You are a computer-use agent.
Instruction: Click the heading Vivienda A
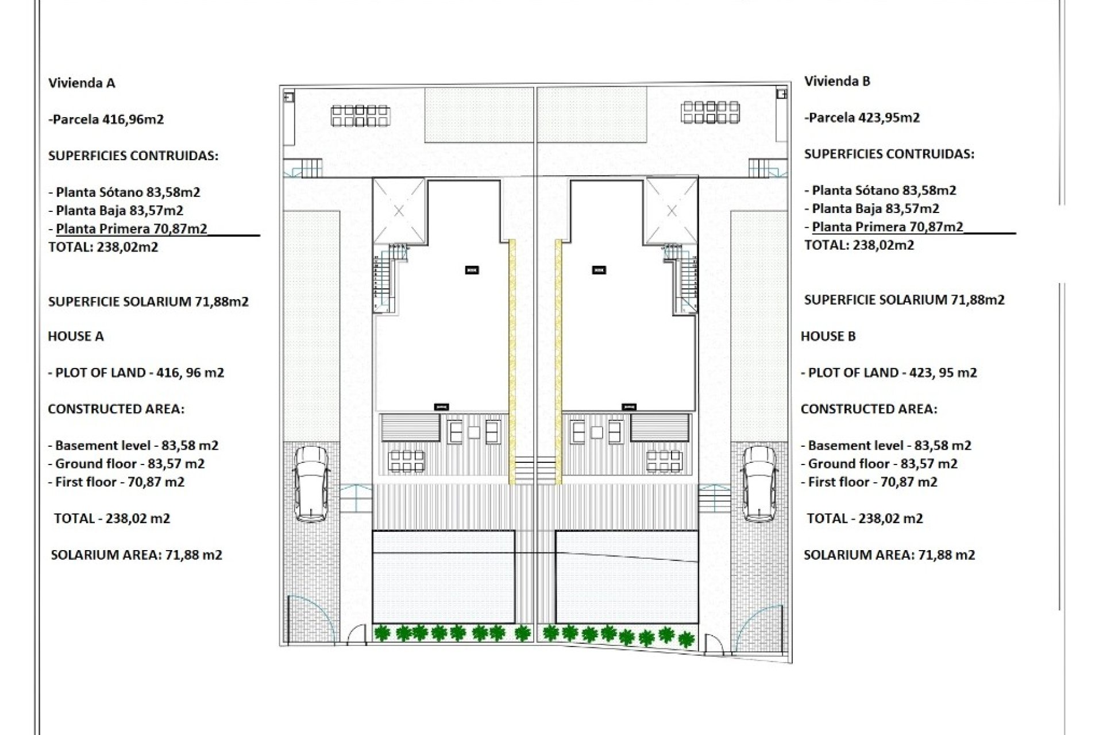coord(82,83)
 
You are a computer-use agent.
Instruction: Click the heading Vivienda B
coord(837,82)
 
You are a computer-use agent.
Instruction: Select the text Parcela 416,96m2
coord(107,119)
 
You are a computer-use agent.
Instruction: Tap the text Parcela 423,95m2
coord(862,118)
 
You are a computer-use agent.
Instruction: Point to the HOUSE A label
coord(76,336)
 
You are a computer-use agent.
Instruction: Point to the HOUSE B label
coord(828,336)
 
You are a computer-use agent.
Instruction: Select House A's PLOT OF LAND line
coord(136,373)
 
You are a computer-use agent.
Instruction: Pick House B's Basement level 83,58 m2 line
coord(886,446)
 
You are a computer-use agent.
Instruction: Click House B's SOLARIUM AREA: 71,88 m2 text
coord(889,555)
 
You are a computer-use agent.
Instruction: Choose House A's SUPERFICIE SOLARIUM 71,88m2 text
coord(148,302)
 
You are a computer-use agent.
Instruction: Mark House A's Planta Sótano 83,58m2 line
coord(124,192)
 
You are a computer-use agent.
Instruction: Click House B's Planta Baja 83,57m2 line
coord(871,209)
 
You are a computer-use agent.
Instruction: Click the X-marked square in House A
coord(399,211)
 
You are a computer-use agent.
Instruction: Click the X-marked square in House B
coord(672,211)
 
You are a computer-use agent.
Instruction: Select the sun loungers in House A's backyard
coord(360,115)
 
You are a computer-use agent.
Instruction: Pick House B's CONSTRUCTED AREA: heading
coord(869,409)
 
